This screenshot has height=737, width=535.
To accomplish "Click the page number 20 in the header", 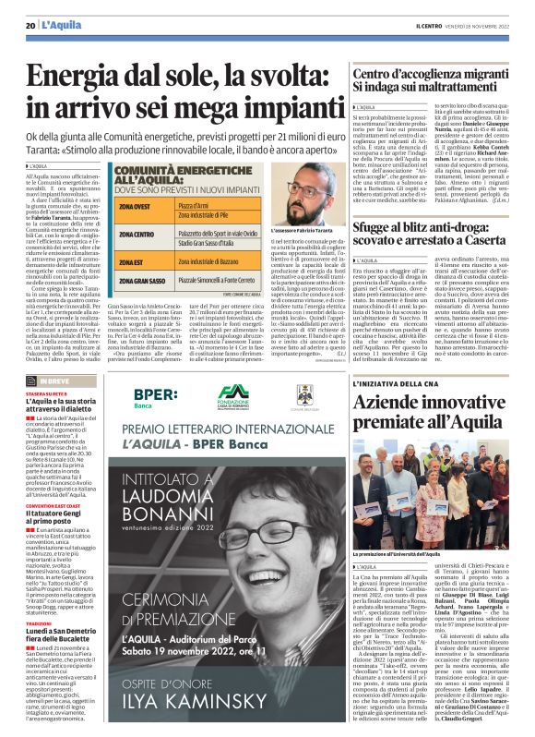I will click(x=30, y=24).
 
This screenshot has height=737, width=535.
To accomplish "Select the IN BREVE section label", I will click(x=55, y=381).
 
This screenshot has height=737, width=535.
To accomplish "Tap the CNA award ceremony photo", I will click(x=431, y=502).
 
